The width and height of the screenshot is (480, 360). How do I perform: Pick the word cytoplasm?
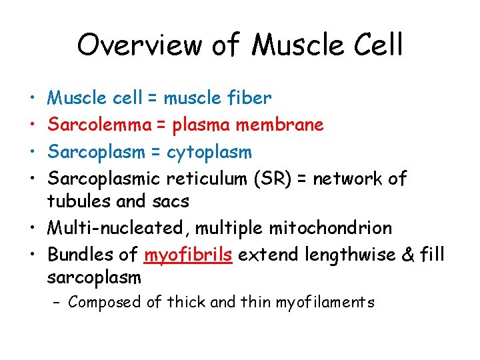pos(209,153)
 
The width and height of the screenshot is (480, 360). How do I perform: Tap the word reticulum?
pos(205,179)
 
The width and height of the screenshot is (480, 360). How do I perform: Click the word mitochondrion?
pos(330,228)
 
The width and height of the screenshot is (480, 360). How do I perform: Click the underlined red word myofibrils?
pos(187,255)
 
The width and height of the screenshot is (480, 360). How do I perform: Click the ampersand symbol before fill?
pos(407,255)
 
